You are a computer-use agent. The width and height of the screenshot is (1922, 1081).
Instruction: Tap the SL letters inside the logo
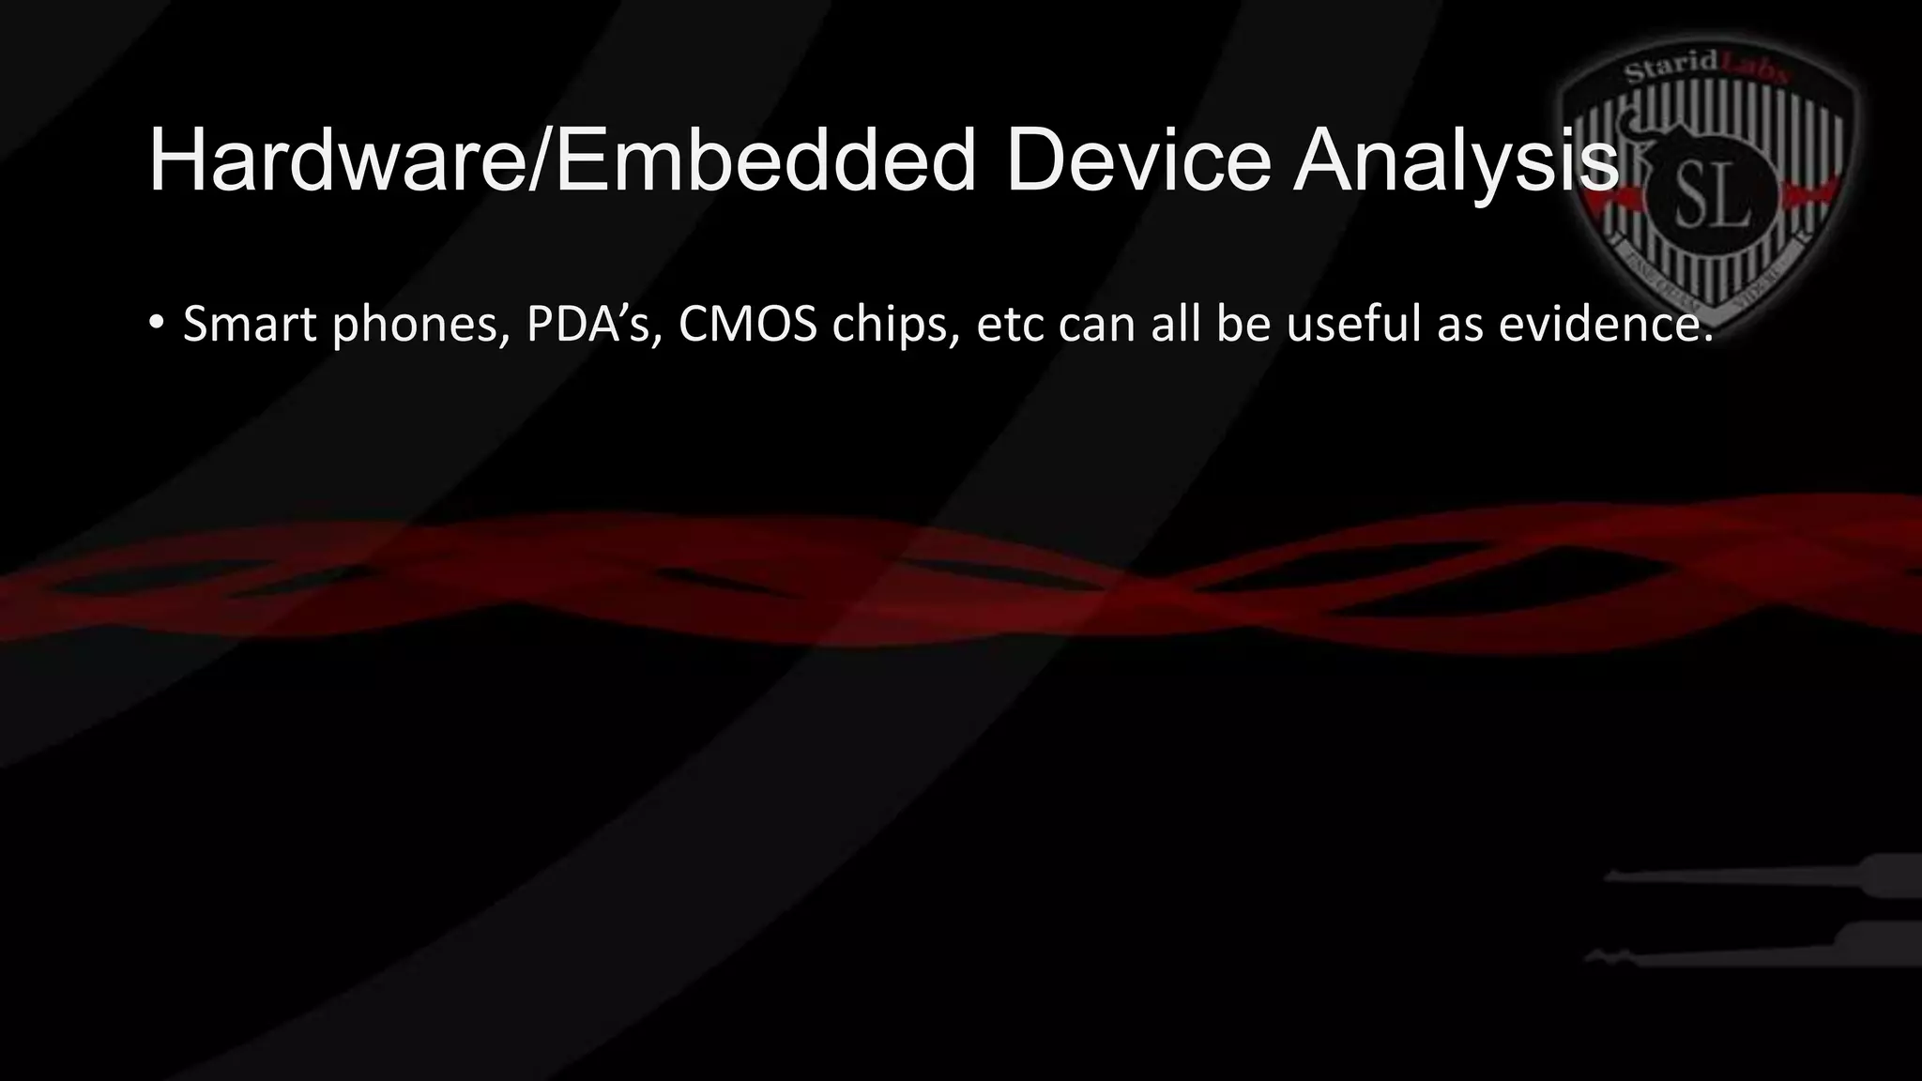coord(1711,199)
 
